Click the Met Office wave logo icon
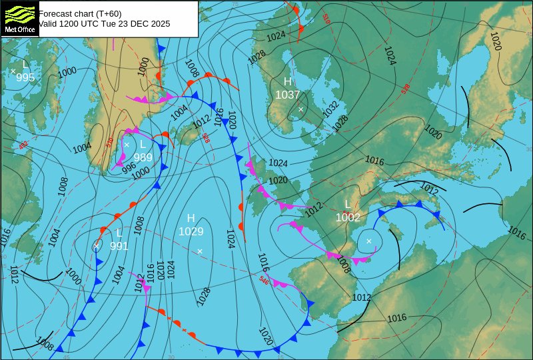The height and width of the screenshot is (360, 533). pyautogui.click(x=19, y=14)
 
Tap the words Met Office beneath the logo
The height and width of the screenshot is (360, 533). pyautogui.click(x=19, y=30)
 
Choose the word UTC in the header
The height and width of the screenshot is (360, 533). pyautogui.click(x=91, y=23)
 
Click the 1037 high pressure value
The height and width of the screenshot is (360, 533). pyautogui.click(x=288, y=95)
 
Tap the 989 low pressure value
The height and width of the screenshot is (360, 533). pyautogui.click(x=143, y=157)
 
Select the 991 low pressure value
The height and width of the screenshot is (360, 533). pyautogui.click(x=119, y=246)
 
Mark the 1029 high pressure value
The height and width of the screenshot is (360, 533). pyautogui.click(x=191, y=231)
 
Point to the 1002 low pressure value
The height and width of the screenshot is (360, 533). pyautogui.click(x=348, y=217)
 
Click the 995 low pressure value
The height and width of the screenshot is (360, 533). pyautogui.click(x=25, y=77)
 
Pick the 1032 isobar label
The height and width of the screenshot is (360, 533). pyautogui.click(x=331, y=109)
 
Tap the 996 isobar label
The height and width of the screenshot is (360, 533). pyautogui.click(x=129, y=169)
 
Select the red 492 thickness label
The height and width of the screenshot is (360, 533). pyautogui.click(x=23, y=145)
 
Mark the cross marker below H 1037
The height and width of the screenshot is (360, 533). pyautogui.click(x=300, y=109)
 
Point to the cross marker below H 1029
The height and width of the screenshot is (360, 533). pyautogui.click(x=199, y=251)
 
